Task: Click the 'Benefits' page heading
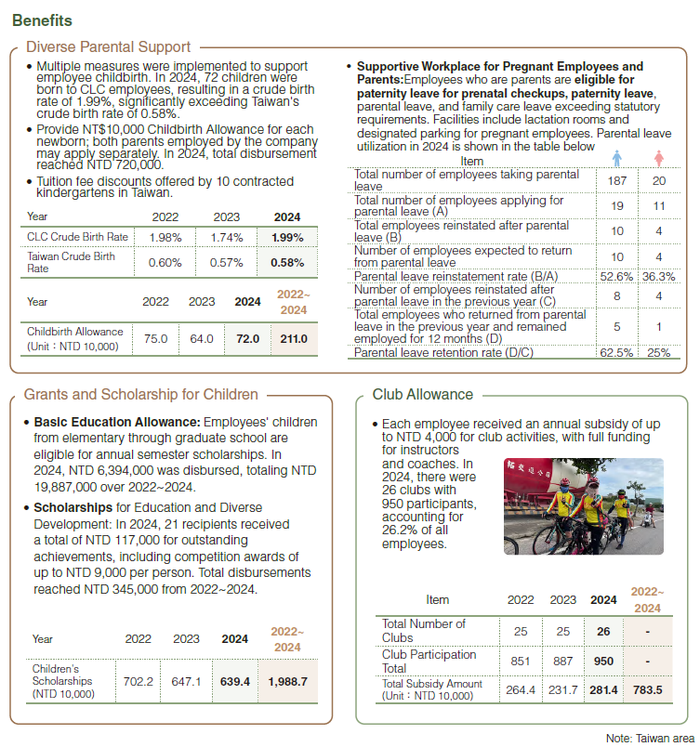click(43, 20)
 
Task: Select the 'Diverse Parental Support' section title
click(109, 47)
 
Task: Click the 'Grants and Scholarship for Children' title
click(140, 395)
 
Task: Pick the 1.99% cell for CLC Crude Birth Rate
click(288, 238)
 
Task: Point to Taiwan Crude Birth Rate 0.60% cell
click(165, 263)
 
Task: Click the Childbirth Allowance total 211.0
click(293, 339)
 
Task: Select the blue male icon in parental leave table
click(617, 158)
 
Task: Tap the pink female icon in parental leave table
click(659, 158)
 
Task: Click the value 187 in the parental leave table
click(617, 180)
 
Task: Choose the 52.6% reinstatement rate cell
click(617, 276)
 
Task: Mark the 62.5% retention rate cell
click(617, 352)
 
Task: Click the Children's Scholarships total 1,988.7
click(287, 681)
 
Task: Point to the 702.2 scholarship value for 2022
click(139, 681)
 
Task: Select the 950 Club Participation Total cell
click(603, 661)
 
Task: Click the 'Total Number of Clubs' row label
click(424, 631)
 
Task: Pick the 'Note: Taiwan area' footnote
click(650, 737)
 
